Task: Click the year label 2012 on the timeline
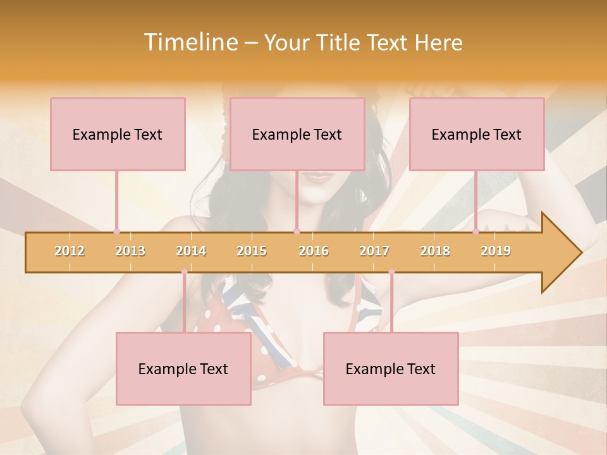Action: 70,251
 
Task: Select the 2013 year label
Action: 130,251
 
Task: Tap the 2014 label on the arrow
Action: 191,251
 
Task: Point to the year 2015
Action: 252,251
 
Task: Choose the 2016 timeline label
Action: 314,251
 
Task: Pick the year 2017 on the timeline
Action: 374,251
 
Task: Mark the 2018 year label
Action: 435,251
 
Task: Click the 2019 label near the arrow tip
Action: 496,251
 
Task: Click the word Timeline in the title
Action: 190,42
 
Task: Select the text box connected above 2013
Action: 118,134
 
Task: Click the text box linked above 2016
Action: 297,134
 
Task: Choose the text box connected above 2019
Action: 477,134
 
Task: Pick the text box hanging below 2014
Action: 183,368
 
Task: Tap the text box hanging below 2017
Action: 391,368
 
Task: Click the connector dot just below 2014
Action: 184,272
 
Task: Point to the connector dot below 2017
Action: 391,272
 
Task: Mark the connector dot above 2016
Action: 297,231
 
